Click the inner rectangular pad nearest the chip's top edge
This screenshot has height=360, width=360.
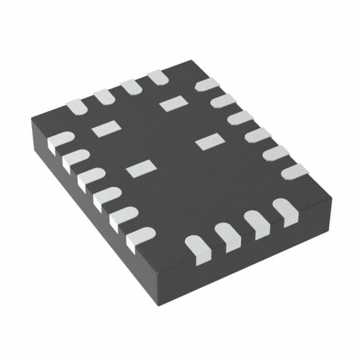coord(173,103)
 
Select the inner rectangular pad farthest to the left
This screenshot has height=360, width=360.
coord(106,129)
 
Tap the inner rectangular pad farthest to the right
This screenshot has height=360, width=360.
coord(209,142)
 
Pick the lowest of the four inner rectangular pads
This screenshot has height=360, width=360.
coord(141,168)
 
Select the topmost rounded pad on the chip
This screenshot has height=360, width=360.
coord(158,78)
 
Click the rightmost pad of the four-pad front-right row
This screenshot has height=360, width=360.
coord(286,211)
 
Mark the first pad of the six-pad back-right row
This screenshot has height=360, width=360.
coord(206,85)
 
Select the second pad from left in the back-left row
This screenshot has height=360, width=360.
coord(104,97)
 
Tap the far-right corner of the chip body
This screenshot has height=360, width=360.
coord(331,198)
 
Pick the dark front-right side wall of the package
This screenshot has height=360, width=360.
coord(253,253)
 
